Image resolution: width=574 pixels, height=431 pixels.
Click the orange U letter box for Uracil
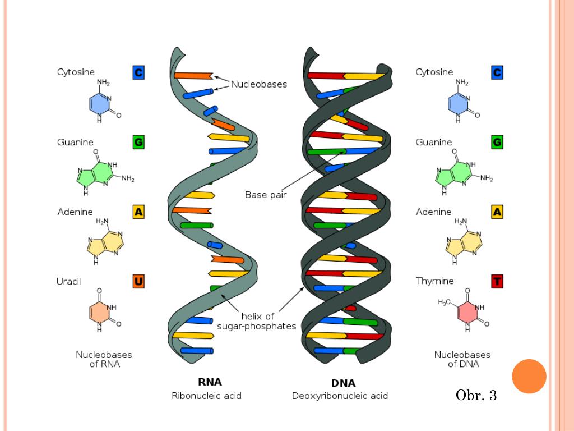point(138,281)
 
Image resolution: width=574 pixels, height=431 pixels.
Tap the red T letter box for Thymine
point(497,281)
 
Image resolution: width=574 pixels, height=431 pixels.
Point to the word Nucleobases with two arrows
point(259,84)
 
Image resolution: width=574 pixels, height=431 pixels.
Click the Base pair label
point(266,195)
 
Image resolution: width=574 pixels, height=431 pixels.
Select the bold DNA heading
point(343,383)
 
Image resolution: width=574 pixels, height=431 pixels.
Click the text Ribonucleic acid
point(206,396)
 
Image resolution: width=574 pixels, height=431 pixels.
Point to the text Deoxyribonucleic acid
point(340,396)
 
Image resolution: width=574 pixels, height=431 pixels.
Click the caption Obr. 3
point(476,396)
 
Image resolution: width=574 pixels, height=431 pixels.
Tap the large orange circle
point(529,376)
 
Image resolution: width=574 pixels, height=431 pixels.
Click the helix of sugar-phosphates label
point(257,321)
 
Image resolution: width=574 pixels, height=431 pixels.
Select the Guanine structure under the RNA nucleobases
point(104,172)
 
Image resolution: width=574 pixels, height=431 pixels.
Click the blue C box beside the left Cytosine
point(138,72)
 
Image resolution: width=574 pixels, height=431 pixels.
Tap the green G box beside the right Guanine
point(497,143)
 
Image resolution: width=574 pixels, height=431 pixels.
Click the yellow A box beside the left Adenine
point(138,212)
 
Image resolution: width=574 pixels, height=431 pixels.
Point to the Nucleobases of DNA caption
point(462,359)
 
